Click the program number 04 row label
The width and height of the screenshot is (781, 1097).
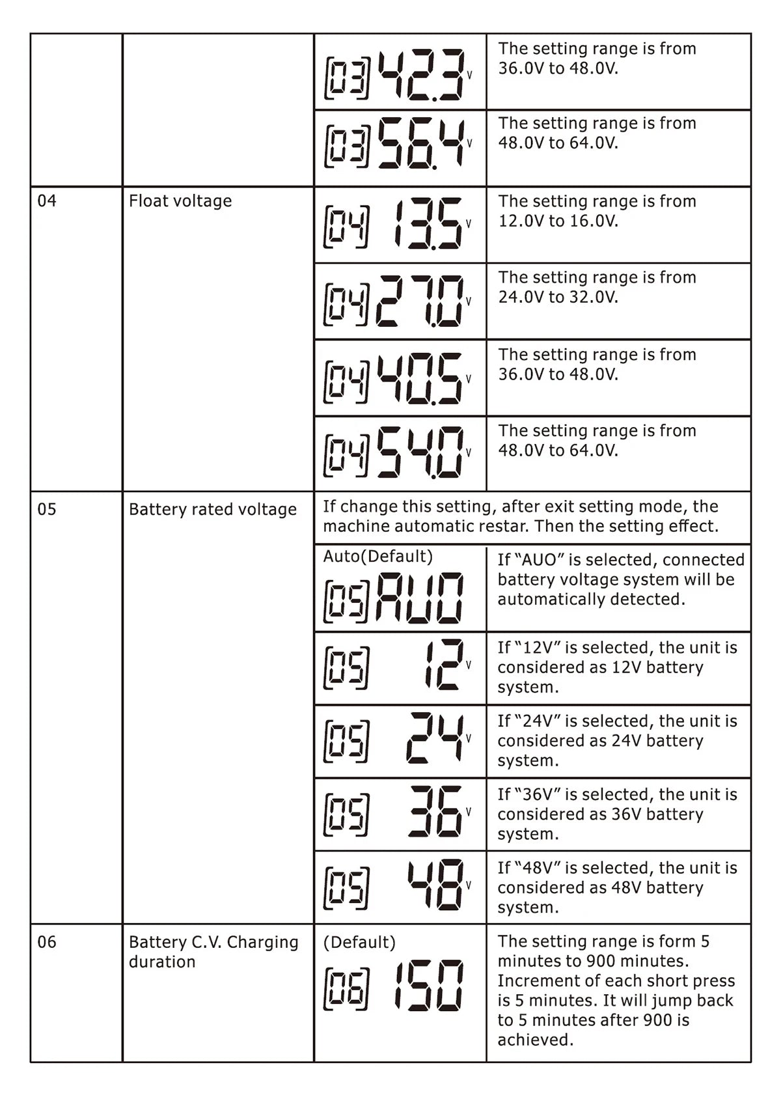[x=47, y=201]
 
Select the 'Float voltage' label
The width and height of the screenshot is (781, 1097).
[x=180, y=201]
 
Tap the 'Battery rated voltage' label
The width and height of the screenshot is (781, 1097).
[x=212, y=510]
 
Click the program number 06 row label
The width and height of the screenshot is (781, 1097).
[x=47, y=942]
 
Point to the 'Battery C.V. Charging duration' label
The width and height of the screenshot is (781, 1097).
[x=213, y=952]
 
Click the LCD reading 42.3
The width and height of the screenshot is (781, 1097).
[x=422, y=75]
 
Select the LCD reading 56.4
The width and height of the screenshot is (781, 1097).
[x=422, y=144]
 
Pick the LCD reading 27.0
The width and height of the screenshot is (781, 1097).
[x=420, y=301]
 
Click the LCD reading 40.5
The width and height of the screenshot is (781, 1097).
[x=420, y=378]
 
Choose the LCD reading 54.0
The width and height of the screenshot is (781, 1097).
[x=420, y=452]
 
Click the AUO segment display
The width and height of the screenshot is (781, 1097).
[x=420, y=598]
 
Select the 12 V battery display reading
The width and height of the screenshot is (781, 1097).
[x=444, y=665]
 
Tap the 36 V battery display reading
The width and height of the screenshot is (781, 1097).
[x=435, y=812]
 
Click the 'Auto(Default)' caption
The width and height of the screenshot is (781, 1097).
[x=377, y=557]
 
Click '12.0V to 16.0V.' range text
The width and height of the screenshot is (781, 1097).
[x=558, y=221]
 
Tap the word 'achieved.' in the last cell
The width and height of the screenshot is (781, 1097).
[x=535, y=1040]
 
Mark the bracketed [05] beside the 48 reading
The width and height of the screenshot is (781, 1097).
[x=346, y=888]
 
